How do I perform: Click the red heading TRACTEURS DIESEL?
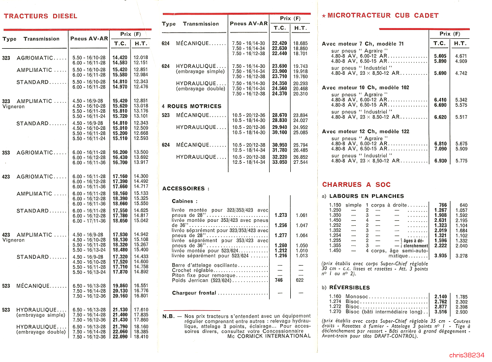coord(40,16)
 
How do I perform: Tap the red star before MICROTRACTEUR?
coord(323,16)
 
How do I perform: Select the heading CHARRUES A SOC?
coord(356,185)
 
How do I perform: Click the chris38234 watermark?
coord(466,355)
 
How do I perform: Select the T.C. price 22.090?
coord(120,337)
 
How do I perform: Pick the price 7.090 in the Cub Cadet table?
coord(440,149)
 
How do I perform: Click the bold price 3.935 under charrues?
coord(440,256)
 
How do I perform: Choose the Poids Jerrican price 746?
coord(278,280)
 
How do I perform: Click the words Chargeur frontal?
coord(194,293)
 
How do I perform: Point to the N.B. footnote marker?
coord(169,316)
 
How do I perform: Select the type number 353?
coord(6,152)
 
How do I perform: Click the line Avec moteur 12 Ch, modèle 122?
coord(366,132)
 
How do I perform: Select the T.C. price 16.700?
coord(120,162)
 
